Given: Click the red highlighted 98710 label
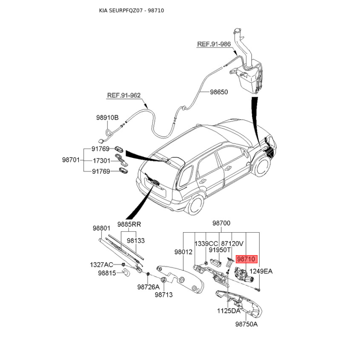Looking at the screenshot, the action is [x=247, y=259].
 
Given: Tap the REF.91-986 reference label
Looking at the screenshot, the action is [x=214, y=44].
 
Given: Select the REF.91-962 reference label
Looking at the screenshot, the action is [x=124, y=95].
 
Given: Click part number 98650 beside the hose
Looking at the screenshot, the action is [x=219, y=92].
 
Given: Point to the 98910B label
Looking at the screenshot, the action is [x=107, y=117].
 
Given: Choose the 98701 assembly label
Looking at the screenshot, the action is [x=71, y=160].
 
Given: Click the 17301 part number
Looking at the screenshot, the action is [x=102, y=161].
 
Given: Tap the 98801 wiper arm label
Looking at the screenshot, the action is [x=102, y=228].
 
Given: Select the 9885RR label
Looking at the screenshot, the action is [x=129, y=224].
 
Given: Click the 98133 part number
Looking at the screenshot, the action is [x=136, y=240].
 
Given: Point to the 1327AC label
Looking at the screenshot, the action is [x=102, y=265].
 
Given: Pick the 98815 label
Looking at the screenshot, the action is [x=107, y=273].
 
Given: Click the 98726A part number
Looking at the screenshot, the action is [x=148, y=287].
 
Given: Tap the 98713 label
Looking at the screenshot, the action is [x=164, y=295].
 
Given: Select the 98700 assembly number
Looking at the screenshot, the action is [x=221, y=223].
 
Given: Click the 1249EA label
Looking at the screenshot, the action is [x=261, y=271].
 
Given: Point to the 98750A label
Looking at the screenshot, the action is [x=247, y=324].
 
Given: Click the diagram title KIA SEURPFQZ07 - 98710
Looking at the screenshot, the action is [x=131, y=10].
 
